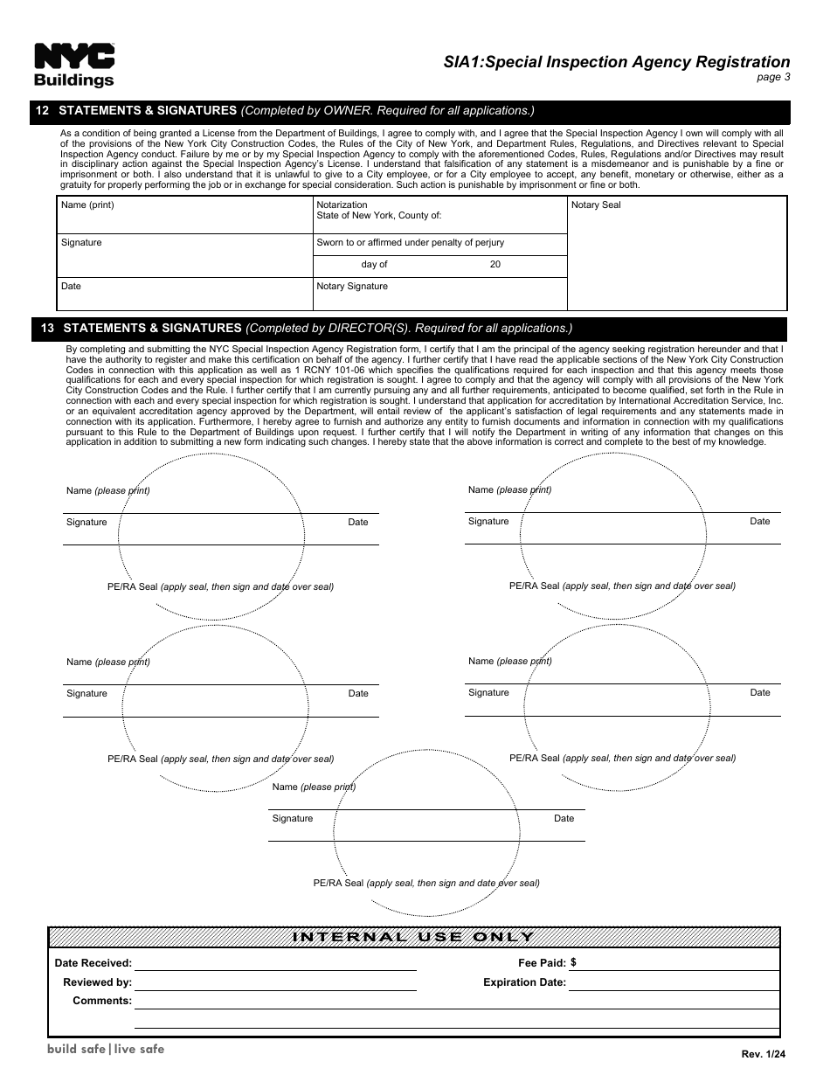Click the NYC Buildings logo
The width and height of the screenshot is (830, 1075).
pyautogui.click(x=74, y=66)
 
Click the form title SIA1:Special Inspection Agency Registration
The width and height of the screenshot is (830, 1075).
pyautogui.click(x=616, y=62)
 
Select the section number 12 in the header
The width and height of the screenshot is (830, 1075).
pyautogui.click(x=42, y=111)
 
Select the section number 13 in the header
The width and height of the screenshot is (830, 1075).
pyautogui.click(x=48, y=329)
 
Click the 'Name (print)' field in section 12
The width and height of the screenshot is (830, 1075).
pyautogui.click(x=87, y=205)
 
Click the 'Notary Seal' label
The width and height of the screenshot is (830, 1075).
pyautogui.click(x=596, y=205)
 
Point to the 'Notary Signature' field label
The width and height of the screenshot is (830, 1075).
pyautogui.click(x=352, y=286)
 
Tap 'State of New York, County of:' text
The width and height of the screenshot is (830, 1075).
pyautogui.click(x=378, y=215)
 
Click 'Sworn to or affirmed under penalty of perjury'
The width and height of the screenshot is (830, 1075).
pyautogui.click(x=410, y=242)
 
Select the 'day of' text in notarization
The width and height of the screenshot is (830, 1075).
pyautogui.click(x=374, y=264)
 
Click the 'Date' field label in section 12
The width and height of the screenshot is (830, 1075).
pyautogui.click(x=71, y=286)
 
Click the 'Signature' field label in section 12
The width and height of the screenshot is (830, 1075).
pyautogui.click(x=81, y=242)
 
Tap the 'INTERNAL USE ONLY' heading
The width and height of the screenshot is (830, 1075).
pyautogui.click(x=413, y=937)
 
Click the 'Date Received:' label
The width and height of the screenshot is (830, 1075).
pyautogui.click(x=93, y=963)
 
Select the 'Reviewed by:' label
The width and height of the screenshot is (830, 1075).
pyautogui.click(x=97, y=982)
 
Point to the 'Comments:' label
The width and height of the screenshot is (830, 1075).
pyautogui.click(x=102, y=1001)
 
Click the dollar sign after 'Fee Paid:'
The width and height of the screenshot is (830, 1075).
pyautogui.click(x=573, y=962)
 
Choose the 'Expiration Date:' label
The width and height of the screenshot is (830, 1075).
pyautogui.click(x=524, y=982)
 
